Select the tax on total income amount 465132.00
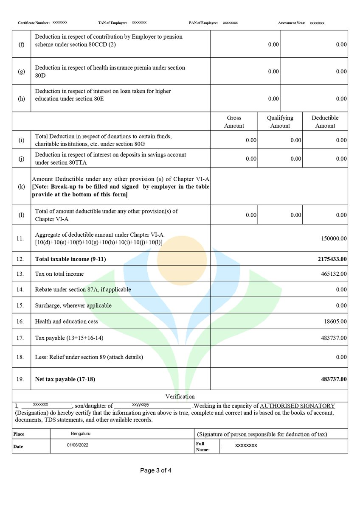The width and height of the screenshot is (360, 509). pyautogui.click(x=334, y=274)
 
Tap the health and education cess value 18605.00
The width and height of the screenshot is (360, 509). pyautogui.click(x=335, y=322)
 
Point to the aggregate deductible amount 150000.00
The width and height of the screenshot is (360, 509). pyautogui.click(x=334, y=239)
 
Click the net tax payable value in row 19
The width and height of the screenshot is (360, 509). pyautogui.click(x=334, y=379)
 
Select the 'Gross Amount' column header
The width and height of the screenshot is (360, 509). pyautogui.click(x=234, y=122)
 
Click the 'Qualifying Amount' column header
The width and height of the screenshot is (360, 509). pyautogui.click(x=280, y=122)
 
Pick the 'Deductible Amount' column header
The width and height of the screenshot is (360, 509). pyautogui.click(x=325, y=122)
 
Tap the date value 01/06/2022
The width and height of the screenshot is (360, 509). pyautogui.click(x=78, y=445)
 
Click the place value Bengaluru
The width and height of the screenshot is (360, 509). pyautogui.click(x=81, y=434)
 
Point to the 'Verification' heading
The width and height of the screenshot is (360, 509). pyautogui.click(x=180, y=397)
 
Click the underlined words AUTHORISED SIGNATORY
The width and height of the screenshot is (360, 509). pyautogui.click(x=297, y=406)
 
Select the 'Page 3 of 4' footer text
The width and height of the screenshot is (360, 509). pyautogui.click(x=156, y=470)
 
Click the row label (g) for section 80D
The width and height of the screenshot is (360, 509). pyautogui.click(x=21, y=71)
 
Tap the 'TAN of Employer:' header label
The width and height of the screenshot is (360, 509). pyautogui.click(x=110, y=22)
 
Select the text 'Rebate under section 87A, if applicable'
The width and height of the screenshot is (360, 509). pyautogui.click(x=83, y=290)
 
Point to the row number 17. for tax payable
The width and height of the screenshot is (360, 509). pyautogui.click(x=20, y=338)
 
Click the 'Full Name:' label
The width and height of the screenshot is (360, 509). pyautogui.click(x=203, y=447)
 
